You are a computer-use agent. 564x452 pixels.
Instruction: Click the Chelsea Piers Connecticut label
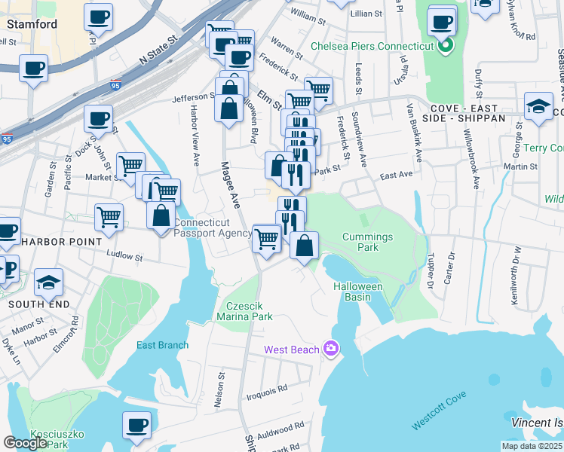[372, 46]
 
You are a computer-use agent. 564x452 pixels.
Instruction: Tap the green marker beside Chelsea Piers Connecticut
[445, 46]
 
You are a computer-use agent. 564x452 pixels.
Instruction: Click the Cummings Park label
[367, 242]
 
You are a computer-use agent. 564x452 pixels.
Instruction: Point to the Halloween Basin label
[358, 292]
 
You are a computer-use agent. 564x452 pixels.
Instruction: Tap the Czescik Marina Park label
[250, 312]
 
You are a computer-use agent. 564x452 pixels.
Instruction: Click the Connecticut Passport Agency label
[212, 228]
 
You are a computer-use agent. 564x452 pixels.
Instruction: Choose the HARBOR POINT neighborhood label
[61, 242]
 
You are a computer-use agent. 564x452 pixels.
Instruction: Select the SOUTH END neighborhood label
[38, 304]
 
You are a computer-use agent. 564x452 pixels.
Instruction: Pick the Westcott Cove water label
[439, 411]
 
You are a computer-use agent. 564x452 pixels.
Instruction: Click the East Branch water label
[162, 346]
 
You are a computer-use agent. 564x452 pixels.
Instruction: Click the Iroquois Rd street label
[271, 389]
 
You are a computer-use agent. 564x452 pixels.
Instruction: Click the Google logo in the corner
[25, 443]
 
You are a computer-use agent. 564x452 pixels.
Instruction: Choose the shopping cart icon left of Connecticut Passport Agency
[109, 217]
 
